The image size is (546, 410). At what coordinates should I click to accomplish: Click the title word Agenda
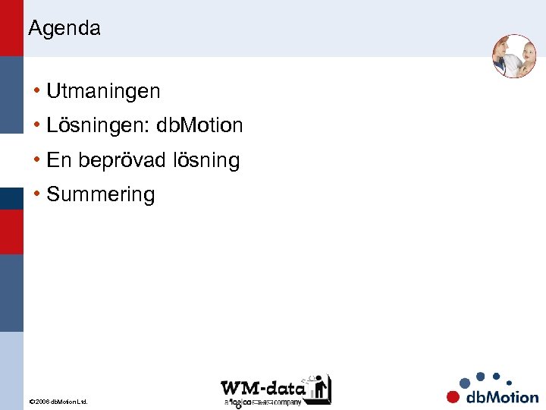(64, 29)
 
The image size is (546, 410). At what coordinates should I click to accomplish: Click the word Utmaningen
(103, 92)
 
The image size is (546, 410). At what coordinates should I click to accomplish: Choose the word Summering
(100, 195)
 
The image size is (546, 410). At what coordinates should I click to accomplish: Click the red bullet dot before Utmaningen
(37, 92)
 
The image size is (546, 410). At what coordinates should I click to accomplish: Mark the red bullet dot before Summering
(37, 194)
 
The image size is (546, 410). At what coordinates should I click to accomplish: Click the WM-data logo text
(262, 386)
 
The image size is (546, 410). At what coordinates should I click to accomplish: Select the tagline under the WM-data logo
(262, 402)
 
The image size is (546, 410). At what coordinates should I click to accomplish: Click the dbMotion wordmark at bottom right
(501, 396)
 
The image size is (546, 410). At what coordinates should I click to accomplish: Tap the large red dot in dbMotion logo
(453, 396)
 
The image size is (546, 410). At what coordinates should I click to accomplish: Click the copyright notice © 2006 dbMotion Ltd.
(58, 401)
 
